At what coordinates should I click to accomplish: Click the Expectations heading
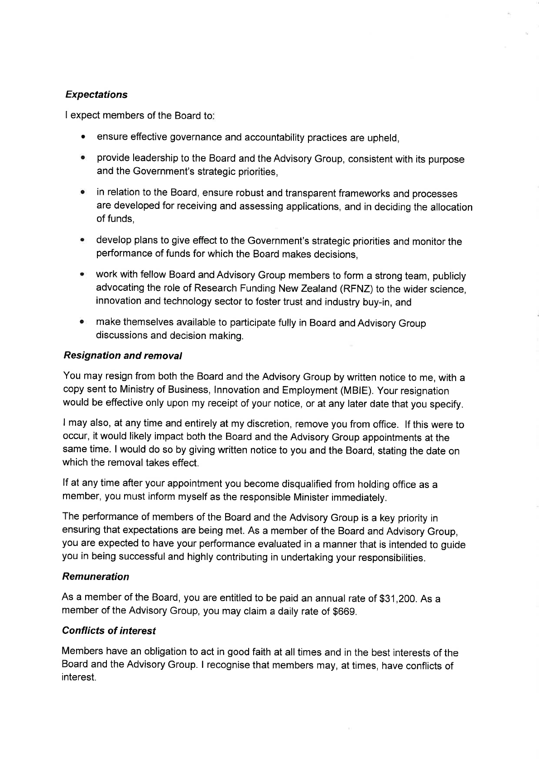(96, 95)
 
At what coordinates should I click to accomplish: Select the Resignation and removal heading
(123, 356)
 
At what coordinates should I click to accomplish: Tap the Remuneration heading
(96, 577)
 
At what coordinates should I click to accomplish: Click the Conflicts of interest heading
(109, 631)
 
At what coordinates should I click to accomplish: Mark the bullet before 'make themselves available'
(82, 324)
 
